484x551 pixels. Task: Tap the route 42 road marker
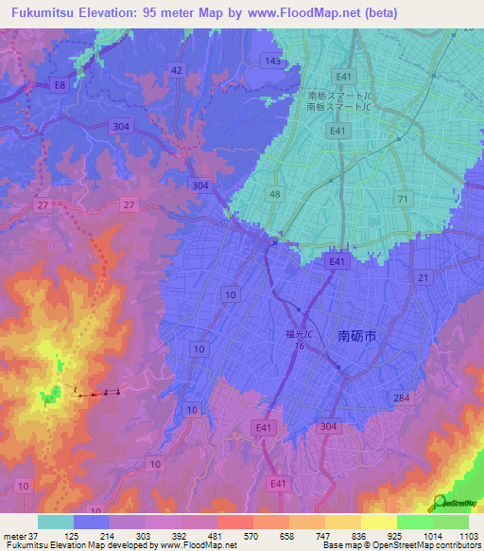point(177,70)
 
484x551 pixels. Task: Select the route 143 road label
point(274,61)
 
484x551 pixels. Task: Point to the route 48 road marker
point(274,194)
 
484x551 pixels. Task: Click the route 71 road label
point(404,199)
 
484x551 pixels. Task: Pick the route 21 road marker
point(423,276)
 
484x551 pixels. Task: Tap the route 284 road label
point(403,399)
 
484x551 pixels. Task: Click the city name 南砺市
point(363,334)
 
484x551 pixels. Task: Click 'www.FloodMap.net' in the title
point(302,13)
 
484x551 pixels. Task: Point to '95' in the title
point(149,13)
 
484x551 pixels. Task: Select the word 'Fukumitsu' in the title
point(39,13)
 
